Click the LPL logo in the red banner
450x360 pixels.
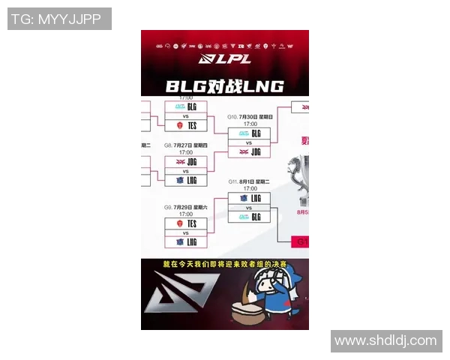click(x=225, y=58)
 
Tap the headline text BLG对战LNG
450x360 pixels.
click(x=225, y=85)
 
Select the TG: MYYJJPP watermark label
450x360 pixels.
click(x=59, y=19)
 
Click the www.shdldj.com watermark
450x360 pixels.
click(x=385, y=341)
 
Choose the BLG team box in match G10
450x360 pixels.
click(x=249, y=133)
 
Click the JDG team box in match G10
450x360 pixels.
click(x=249, y=151)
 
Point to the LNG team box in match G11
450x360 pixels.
click(x=249, y=197)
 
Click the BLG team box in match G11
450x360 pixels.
click(x=249, y=217)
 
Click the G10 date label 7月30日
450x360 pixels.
click(x=251, y=118)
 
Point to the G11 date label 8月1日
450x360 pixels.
click(x=250, y=181)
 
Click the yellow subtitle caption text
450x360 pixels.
click(x=224, y=264)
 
